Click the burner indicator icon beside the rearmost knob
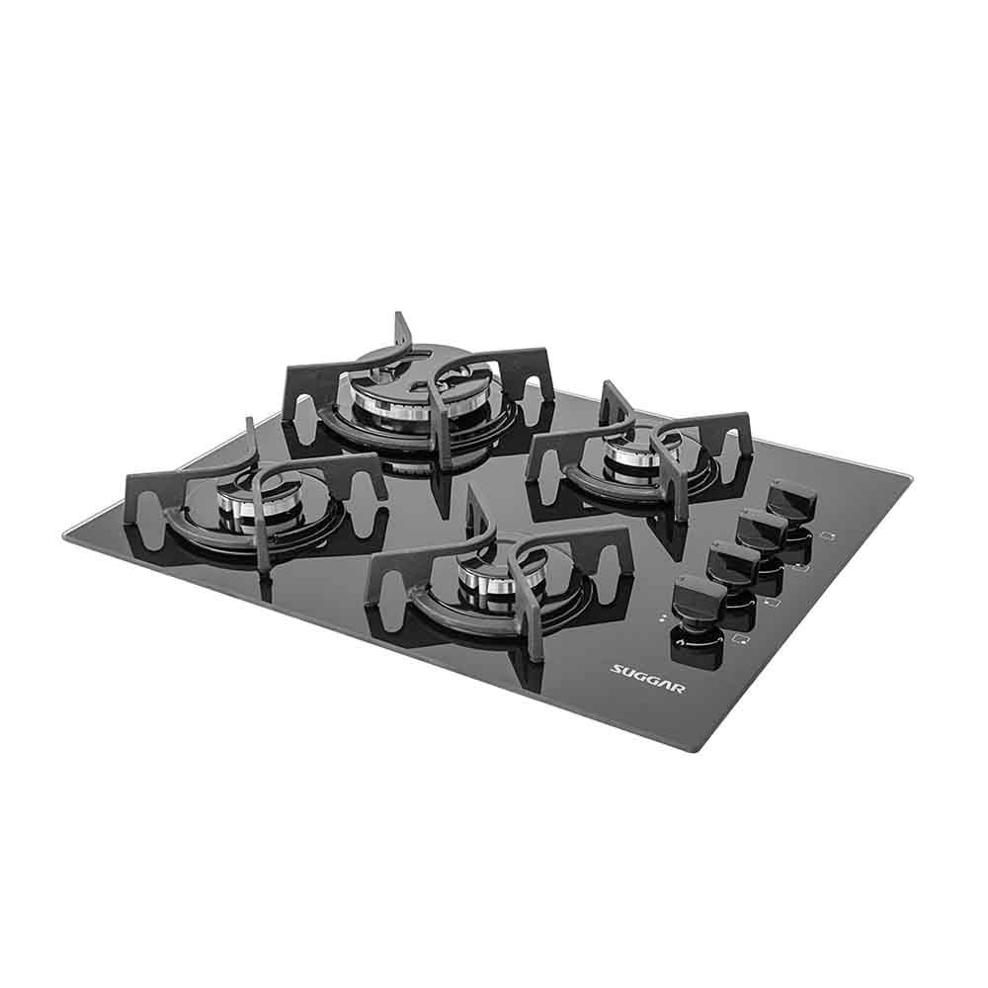(831, 536)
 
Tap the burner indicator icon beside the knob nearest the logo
(741, 640)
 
